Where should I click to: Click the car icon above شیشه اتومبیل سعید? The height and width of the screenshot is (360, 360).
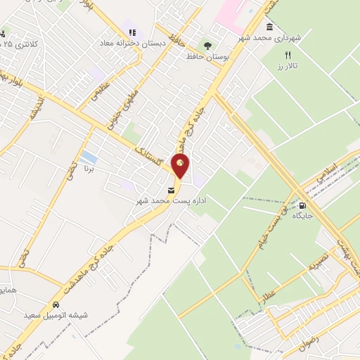(x=54, y=305)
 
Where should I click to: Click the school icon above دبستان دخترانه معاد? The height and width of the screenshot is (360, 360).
(x=131, y=31)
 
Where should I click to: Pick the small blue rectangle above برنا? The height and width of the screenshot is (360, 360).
(x=89, y=156)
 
